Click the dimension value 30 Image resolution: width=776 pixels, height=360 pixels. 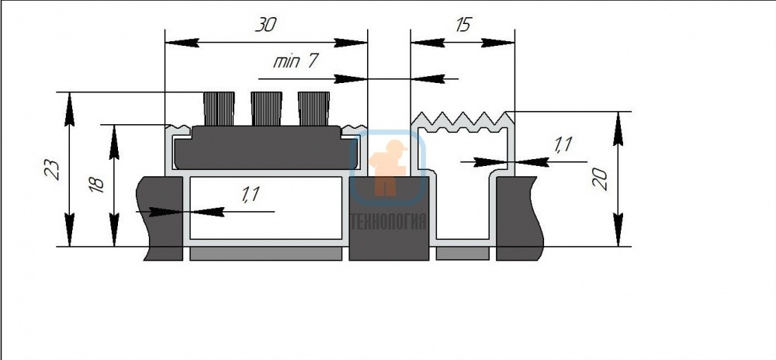click(265, 25)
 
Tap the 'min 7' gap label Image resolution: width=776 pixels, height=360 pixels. click(295, 61)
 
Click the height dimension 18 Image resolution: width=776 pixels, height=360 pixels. click(97, 184)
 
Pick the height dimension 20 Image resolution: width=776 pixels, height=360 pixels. click(599, 179)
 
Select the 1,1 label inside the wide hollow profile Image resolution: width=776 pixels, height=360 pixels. click(251, 194)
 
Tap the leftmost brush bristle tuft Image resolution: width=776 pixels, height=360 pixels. click(219, 109)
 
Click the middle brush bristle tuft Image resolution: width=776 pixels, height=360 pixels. click(266, 109)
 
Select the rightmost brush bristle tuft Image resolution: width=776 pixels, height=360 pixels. click(314, 109)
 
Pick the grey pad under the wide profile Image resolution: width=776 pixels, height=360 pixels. click(265, 254)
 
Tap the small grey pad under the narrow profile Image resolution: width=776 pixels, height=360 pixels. click(462, 254)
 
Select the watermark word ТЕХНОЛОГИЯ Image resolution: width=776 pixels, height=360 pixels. click(388, 222)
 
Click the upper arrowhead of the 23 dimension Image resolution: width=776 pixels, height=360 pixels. click(69, 109)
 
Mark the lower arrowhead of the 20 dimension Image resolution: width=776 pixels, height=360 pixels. click(618, 230)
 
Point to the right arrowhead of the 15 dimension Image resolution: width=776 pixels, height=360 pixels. click(498, 43)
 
